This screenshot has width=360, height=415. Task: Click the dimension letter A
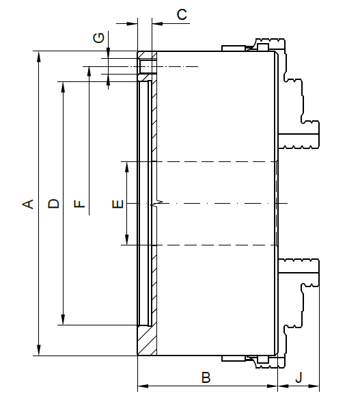tap(28, 204)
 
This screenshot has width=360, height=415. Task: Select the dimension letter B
tap(206, 377)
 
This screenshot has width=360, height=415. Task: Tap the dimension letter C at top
tap(182, 14)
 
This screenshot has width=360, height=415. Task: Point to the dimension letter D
tap(54, 204)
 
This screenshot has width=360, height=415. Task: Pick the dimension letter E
tap(118, 204)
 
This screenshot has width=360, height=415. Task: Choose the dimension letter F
tap(79, 204)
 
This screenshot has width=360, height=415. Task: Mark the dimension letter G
tap(99, 38)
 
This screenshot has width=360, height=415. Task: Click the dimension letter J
tap(299, 377)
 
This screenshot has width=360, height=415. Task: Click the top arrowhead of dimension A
tap(39, 56)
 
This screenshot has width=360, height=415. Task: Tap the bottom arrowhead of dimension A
tap(39, 350)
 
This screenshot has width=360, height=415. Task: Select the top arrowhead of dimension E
tap(127, 167)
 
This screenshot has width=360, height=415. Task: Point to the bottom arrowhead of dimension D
tap(63, 319)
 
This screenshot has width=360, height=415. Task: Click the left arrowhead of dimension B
tap(143, 386)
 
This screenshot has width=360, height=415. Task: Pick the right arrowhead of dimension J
tap(314, 386)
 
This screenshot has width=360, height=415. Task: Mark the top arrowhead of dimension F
tap(89, 72)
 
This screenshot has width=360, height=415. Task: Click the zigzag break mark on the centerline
tap(156, 204)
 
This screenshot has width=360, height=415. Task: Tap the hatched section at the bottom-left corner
tap(147, 340)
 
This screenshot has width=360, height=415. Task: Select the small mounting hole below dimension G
tap(146, 67)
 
